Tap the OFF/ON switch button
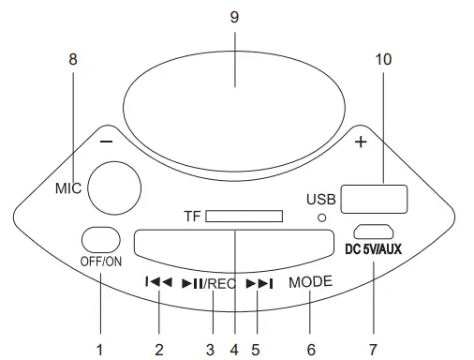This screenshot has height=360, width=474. (101, 240)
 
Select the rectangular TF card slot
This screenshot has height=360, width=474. (244, 217)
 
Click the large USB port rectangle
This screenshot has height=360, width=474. (374, 200)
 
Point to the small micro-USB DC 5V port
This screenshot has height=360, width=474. (374, 232)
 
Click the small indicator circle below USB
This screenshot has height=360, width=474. (321, 217)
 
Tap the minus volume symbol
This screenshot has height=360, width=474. (106, 142)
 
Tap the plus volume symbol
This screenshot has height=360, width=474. (361, 142)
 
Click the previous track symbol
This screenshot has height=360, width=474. (158, 282)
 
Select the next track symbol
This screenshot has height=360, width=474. (259, 283)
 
